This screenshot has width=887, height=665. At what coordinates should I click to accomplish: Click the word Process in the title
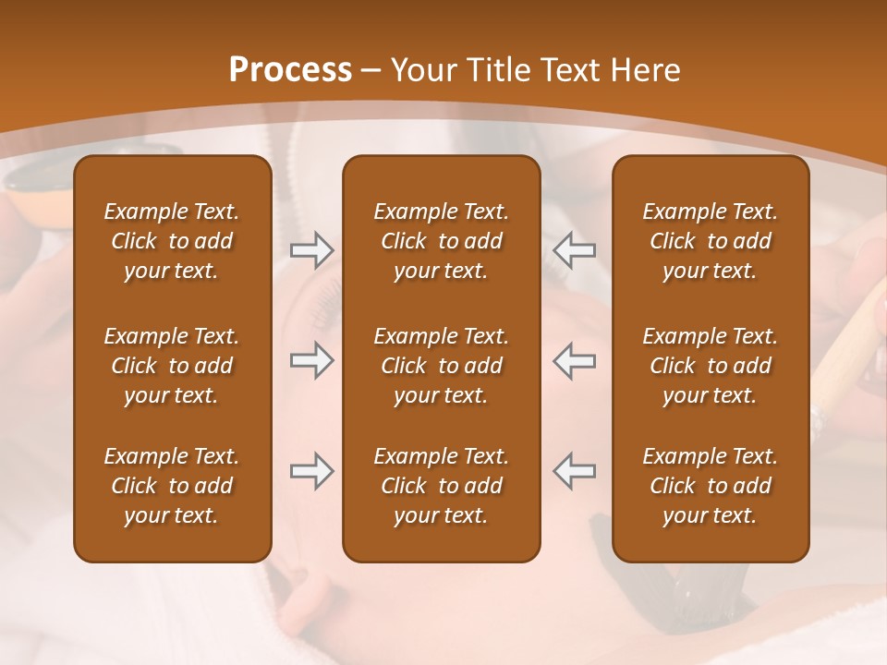pos(290,70)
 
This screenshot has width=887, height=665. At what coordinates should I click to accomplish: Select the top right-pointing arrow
pos(311,250)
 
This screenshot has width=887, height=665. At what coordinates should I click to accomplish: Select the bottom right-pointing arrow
pos(311,471)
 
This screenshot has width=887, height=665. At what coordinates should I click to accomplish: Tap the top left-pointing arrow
pos(574,250)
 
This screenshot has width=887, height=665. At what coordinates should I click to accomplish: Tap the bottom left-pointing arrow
pos(574,471)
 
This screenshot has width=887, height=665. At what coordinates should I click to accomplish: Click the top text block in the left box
pos(172,241)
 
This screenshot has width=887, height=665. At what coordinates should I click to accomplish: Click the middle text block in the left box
pos(172,366)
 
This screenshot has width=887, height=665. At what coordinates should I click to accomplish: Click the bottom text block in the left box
pos(172,486)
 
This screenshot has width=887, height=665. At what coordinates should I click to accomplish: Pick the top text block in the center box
pos(441,241)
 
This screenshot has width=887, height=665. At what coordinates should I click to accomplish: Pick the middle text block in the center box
pos(441,366)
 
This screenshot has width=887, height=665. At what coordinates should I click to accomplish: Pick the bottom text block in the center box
pos(441,486)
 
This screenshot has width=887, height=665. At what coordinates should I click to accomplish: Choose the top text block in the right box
pos(710,241)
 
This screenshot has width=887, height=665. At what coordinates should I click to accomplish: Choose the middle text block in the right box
pos(710,366)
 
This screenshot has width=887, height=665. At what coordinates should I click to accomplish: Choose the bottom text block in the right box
pos(710,486)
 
